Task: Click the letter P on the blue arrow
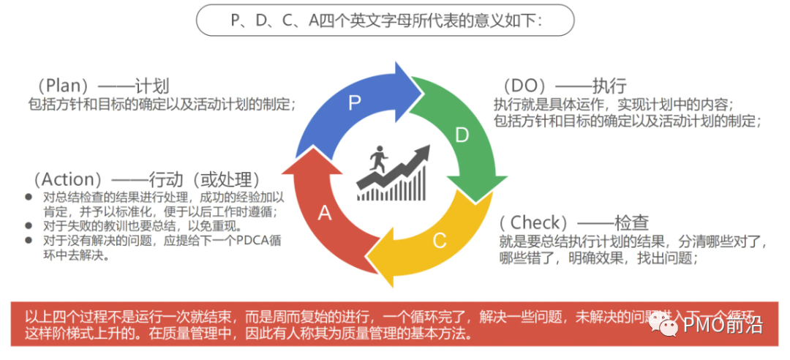coord(355,102)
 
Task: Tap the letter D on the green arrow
coord(462,135)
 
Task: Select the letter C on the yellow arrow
coord(439,241)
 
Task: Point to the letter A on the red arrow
coord(325,212)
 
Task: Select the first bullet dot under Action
coord(28,198)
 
